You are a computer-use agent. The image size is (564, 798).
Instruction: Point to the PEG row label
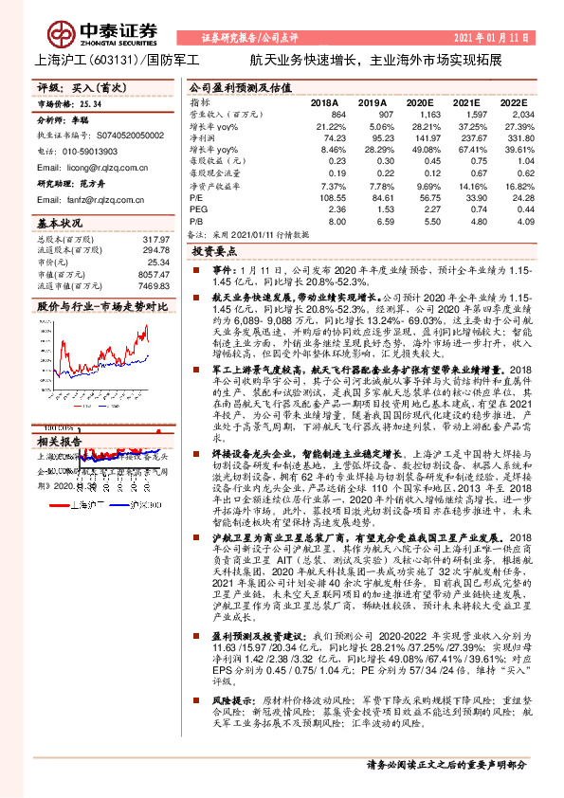(x=197, y=183)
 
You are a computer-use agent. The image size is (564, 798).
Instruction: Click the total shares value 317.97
(x=155, y=239)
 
